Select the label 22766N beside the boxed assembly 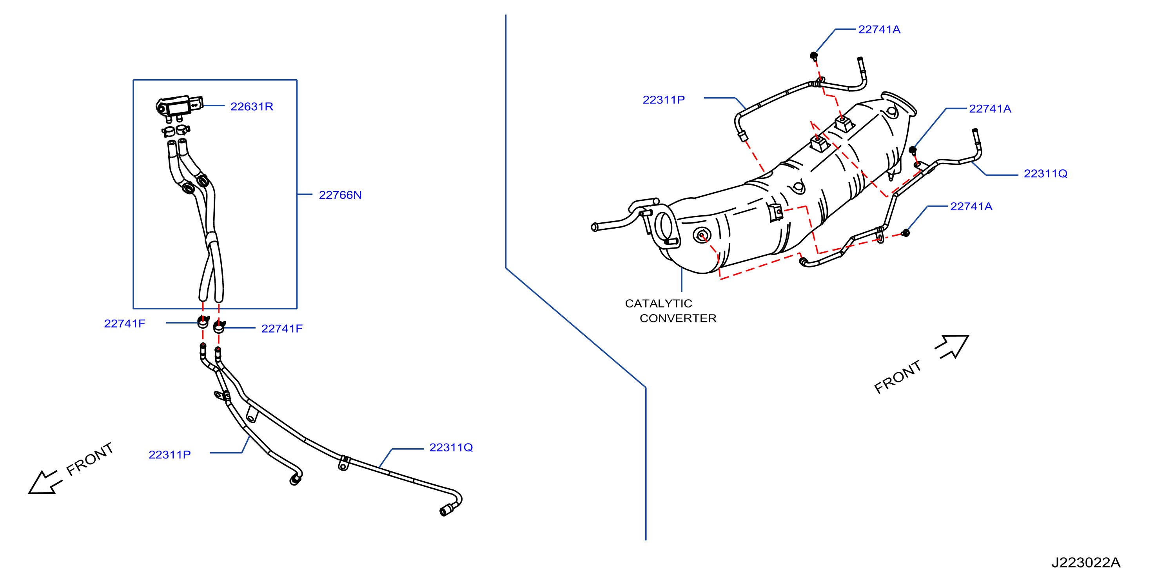[x=340, y=195]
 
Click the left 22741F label [x=124, y=324]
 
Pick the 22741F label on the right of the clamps [x=282, y=329]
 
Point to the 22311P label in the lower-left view [x=170, y=455]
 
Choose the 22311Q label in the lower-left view [x=451, y=447]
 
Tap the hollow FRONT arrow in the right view [x=952, y=347]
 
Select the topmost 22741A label [x=879, y=29]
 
